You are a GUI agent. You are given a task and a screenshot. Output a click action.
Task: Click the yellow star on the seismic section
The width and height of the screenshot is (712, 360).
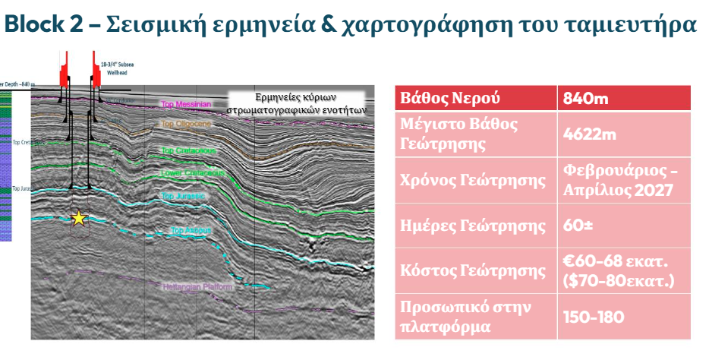pyautogui.click(x=78, y=219)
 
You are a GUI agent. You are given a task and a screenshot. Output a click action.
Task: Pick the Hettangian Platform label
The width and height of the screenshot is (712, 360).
pyautogui.click(x=197, y=287)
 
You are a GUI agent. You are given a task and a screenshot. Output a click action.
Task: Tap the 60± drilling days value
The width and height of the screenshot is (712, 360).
pyautogui.click(x=579, y=226)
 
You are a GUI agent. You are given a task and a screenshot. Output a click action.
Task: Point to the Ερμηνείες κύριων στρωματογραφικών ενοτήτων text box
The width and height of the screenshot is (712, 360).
pyautogui.click(x=297, y=103)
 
